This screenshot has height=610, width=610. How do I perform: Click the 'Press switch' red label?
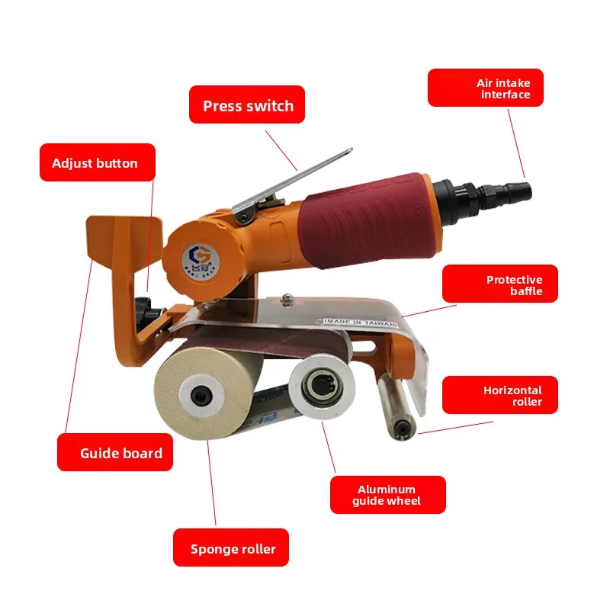[x=247, y=105]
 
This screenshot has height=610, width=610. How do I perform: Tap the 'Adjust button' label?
[x=97, y=162]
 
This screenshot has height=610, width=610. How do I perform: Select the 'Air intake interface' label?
[x=486, y=88]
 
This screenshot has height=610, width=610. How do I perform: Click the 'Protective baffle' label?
[x=500, y=285]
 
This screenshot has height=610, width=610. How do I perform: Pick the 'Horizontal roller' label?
[x=500, y=395]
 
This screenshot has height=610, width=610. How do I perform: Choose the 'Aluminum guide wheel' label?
[x=387, y=495]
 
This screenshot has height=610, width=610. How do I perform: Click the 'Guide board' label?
[x=115, y=452]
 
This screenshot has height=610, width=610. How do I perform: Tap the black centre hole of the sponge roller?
[x=199, y=395]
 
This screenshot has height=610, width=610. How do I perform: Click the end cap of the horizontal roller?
[x=402, y=431]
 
